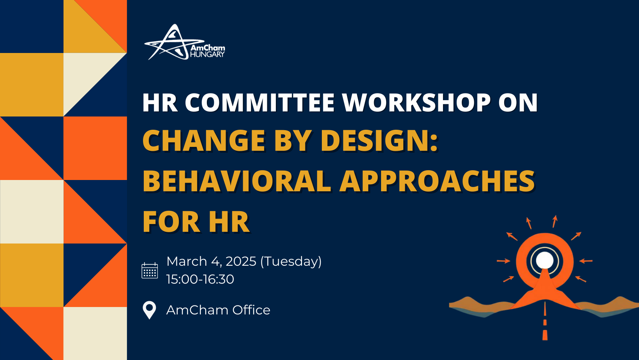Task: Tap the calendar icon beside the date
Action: pyautogui.click(x=150, y=270)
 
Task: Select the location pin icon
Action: pyautogui.click(x=150, y=310)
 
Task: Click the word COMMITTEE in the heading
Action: pyautogui.click(x=259, y=103)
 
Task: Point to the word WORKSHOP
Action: pyautogui.click(x=416, y=103)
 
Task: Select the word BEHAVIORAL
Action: pyautogui.click(x=237, y=182)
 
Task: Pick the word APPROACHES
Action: pyautogui.click(x=437, y=182)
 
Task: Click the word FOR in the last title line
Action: pyautogui.click(x=171, y=222)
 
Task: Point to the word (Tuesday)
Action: pyautogui.click(x=291, y=261)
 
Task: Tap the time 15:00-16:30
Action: pyautogui.click(x=200, y=279)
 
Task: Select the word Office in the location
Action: pyautogui.click(x=251, y=310)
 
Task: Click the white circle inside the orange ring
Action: pyautogui.click(x=545, y=260)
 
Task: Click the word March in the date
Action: pyautogui.click(x=186, y=261)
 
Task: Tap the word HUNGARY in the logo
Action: pyautogui.click(x=207, y=55)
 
